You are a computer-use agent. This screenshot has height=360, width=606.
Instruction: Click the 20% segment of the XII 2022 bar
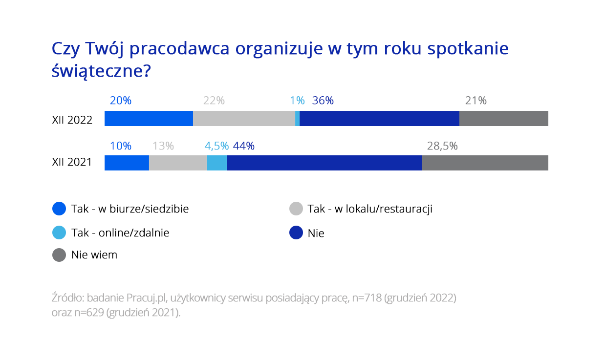(149, 119)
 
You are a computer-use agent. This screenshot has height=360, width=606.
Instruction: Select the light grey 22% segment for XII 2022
(244, 119)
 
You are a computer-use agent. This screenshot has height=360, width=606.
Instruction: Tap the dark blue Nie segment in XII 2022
(379, 119)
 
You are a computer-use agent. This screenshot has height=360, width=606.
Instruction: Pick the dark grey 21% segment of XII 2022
(503, 119)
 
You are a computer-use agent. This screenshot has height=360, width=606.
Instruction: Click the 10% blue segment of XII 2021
(127, 163)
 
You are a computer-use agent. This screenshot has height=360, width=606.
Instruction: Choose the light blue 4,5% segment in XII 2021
(216, 163)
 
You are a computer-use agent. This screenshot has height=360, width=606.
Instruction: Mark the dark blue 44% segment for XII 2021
(324, 163)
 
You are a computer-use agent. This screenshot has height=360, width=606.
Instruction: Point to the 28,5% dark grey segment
(485, 163)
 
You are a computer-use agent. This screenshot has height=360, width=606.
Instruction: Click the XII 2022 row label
(72, 120)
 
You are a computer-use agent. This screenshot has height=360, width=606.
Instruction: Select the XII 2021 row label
(72, 163)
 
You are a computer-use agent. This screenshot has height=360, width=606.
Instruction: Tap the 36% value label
(323, 101)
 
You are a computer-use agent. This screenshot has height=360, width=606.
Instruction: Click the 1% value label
(297, 101)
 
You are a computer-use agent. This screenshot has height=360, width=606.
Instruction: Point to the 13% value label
(163, 146)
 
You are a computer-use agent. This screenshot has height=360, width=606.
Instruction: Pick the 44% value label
(243, 146)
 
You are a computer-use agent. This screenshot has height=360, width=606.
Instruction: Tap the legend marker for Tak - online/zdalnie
(59, 233)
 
